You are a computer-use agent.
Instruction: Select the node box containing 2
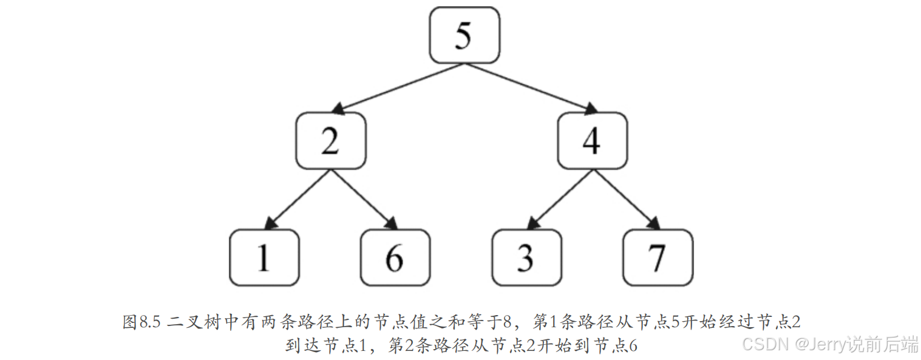331,140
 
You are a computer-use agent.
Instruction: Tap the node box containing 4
592,140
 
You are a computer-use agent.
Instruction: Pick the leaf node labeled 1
264,257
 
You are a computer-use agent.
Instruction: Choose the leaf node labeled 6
395,257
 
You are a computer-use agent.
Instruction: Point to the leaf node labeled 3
526,257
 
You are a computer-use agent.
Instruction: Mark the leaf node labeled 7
658,257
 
